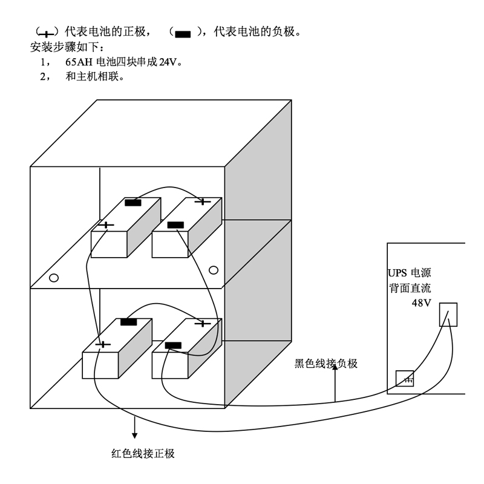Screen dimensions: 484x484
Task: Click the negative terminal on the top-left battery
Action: click(133, 203)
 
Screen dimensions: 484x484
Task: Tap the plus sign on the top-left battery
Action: click(106, 226)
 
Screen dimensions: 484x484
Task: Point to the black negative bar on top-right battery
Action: click(175, 225)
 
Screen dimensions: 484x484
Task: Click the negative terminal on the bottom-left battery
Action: click(128, 322)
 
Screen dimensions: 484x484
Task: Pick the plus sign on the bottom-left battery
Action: click(103, 344)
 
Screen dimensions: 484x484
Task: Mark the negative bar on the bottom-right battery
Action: click(173, 345)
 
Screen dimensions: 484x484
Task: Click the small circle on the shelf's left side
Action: click(54, 278)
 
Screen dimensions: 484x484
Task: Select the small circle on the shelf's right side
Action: click(212, 269)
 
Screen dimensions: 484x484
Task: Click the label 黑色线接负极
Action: click(326, 364)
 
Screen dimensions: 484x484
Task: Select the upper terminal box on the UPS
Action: click(448, 315)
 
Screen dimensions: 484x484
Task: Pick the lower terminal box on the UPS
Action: click(405, 379)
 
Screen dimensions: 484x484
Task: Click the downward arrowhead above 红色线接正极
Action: click(134, 434)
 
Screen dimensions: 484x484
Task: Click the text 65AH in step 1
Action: click(80, 62)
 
